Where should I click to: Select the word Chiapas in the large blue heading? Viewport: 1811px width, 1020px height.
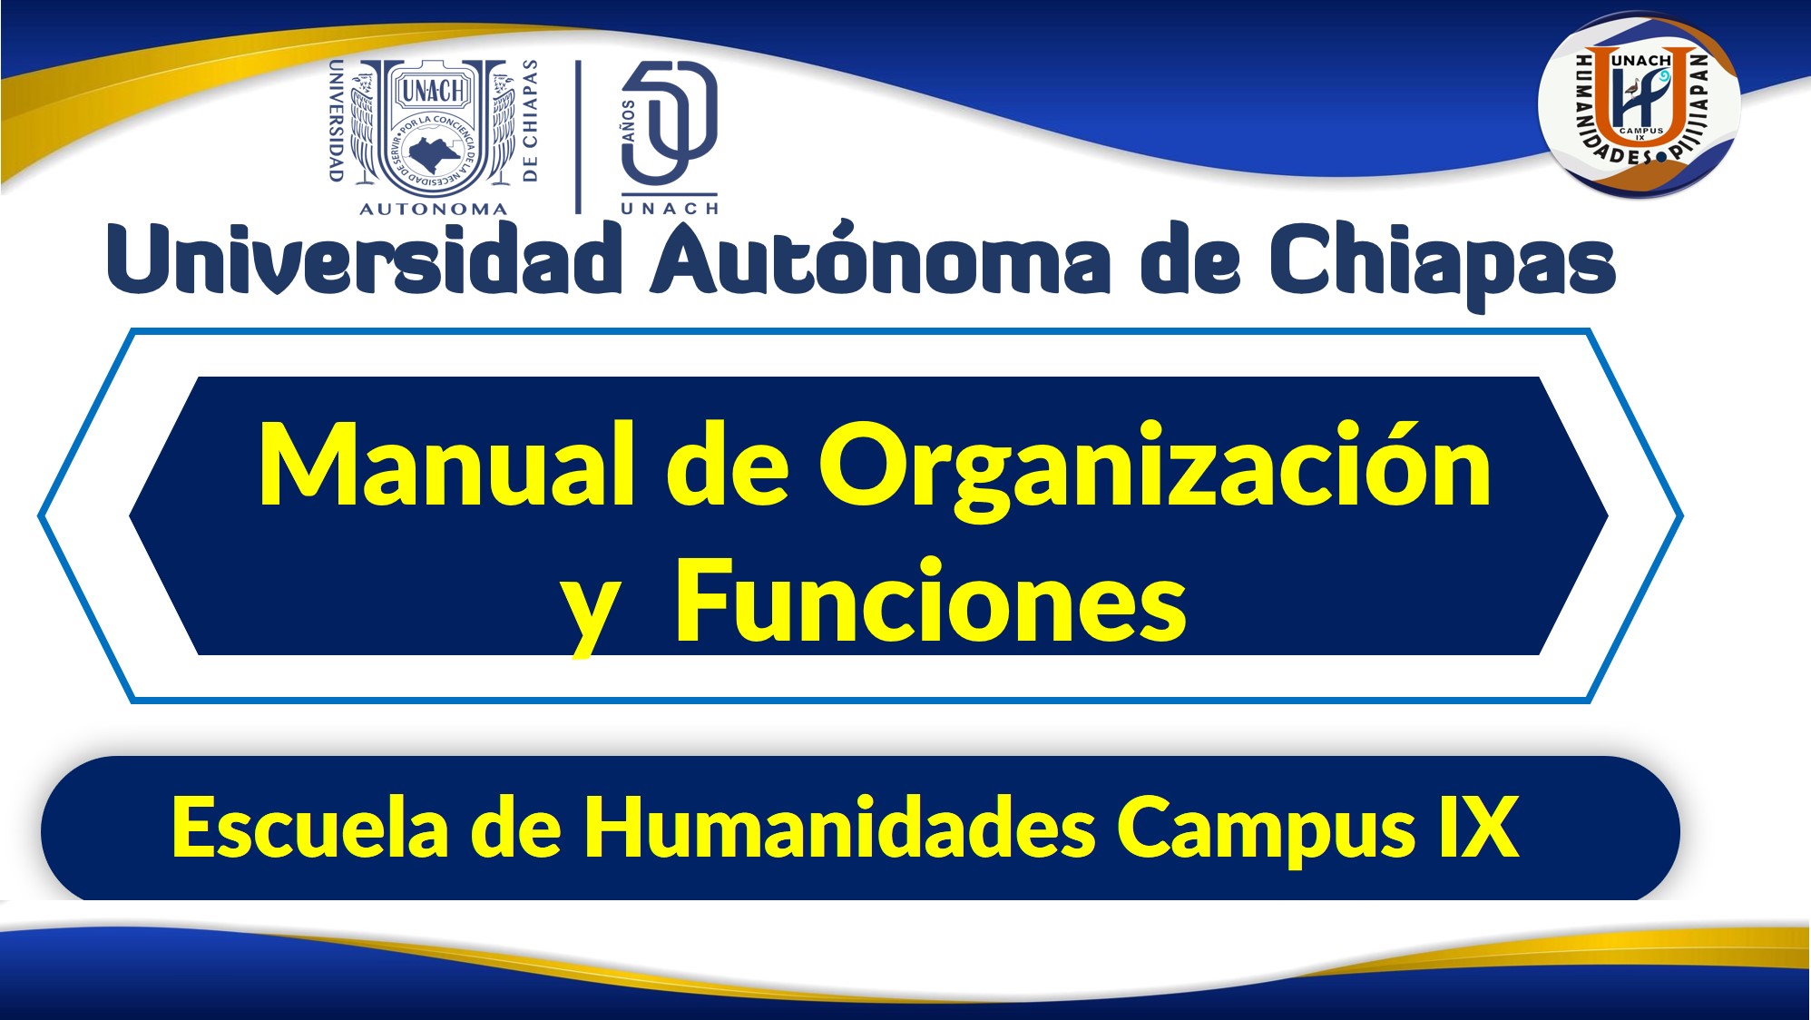[1442, 265]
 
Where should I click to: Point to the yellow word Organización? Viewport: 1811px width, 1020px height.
[1155, 471]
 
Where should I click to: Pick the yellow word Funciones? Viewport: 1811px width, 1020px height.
[931, 600]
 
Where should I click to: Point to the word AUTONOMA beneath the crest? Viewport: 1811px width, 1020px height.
[434, 209]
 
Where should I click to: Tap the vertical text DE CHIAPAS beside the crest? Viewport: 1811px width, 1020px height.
[531, 121]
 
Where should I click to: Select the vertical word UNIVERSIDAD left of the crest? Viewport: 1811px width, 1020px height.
[335, 121]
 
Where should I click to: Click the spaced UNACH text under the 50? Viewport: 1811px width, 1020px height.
[670, 208]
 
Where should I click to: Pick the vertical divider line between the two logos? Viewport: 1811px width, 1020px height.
[578, 137]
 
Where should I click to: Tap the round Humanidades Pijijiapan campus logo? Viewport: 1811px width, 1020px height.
[1639, 104]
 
